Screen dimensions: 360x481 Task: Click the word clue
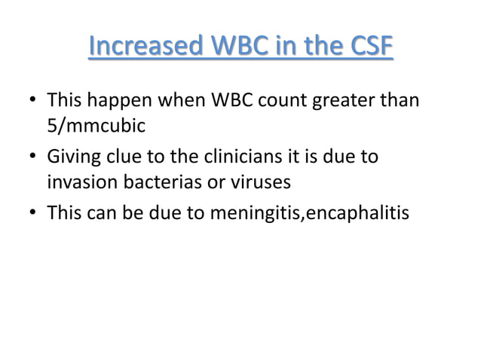(124, 157)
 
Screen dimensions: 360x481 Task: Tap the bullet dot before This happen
(32, 100)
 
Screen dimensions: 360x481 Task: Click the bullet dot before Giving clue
(32, 158)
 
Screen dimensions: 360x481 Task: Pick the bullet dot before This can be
(32, 215)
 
